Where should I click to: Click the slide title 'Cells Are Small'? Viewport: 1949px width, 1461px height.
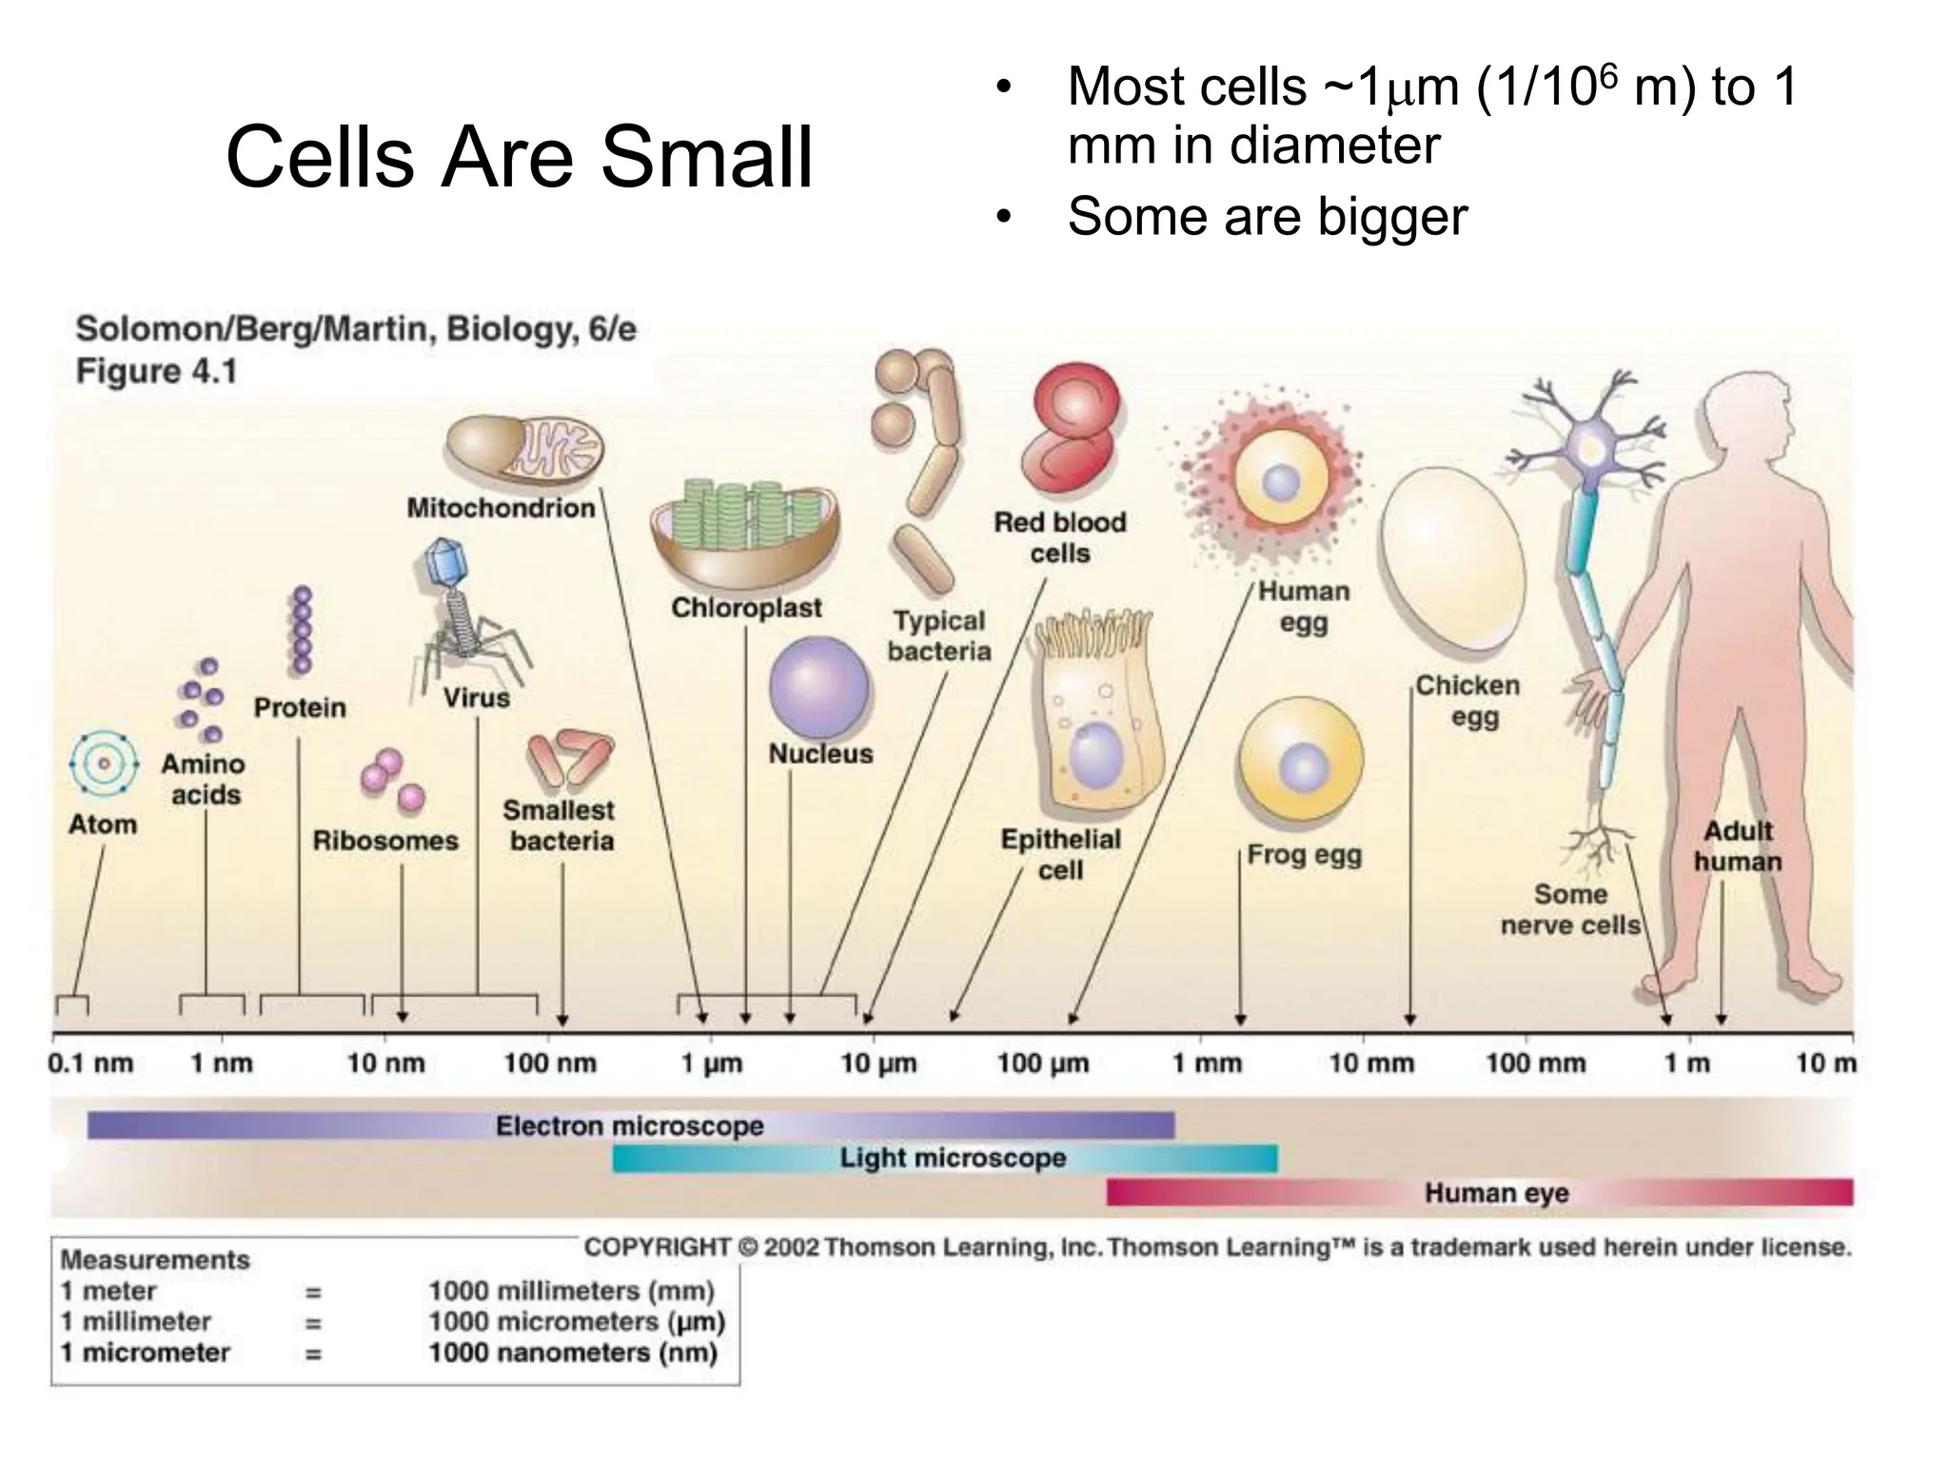[520, 157]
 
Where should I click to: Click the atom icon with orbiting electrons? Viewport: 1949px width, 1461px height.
[104, 764]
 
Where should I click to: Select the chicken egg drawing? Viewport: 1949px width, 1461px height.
[1451, 556]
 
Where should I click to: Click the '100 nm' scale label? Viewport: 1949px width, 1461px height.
[550, 1063]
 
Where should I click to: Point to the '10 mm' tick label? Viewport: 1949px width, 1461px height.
[1370, 1063]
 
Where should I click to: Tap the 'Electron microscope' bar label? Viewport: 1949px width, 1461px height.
[630, 1126]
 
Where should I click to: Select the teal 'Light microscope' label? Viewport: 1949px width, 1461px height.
[953, 1159]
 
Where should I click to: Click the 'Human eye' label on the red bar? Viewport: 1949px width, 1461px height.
[1496, 1193]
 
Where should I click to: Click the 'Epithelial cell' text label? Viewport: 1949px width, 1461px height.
[1060, 854]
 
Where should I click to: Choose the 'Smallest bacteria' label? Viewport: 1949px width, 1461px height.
[560, 826]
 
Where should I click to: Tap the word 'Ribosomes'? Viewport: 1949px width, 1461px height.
[385, 841]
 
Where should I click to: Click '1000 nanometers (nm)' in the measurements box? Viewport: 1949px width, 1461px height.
[572, 1353]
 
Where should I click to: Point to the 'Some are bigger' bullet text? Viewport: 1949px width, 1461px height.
[1268, 217]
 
